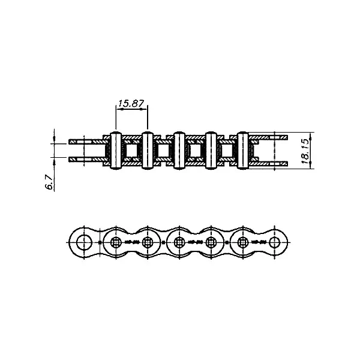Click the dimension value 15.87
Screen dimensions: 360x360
131,103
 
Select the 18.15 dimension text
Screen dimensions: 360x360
305,151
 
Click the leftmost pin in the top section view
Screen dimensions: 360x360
116,151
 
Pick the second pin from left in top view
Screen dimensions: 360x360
148,151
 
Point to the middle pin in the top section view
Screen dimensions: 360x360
179,151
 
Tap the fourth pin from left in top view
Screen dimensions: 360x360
211,151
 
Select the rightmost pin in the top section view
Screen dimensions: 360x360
242,151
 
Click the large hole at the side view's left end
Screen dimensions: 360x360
84,242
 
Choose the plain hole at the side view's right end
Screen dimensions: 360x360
275,242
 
